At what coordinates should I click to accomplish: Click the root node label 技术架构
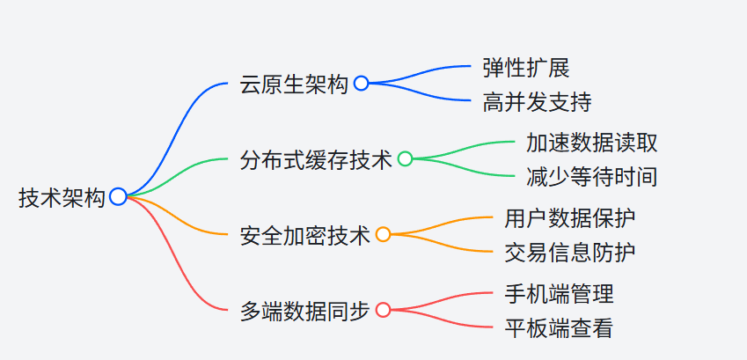click(62, 198)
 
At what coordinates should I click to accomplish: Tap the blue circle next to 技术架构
click(118, 197)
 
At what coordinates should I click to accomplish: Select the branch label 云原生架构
click(294, 84)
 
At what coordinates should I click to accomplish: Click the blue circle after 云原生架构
click(361, 84)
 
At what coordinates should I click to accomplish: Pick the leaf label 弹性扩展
click(525, 67)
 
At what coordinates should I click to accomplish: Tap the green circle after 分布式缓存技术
click(405, 158)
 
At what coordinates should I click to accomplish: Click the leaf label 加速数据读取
click(591, 142)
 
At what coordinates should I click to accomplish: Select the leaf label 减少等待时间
click(591, 177)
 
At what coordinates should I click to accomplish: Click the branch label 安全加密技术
click(305, 235)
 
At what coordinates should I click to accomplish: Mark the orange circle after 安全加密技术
click(383, 234)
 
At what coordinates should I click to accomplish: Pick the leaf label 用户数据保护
click(570, 217)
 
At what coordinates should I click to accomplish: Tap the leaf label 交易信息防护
click(570, 253)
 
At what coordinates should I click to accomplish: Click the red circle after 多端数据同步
click(383, 310)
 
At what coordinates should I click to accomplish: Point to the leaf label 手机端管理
click(559, 293)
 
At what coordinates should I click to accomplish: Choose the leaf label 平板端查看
click(559, 328)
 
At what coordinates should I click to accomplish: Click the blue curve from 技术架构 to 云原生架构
click(176, 123)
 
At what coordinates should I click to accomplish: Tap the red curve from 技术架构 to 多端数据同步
click(176, 264)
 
